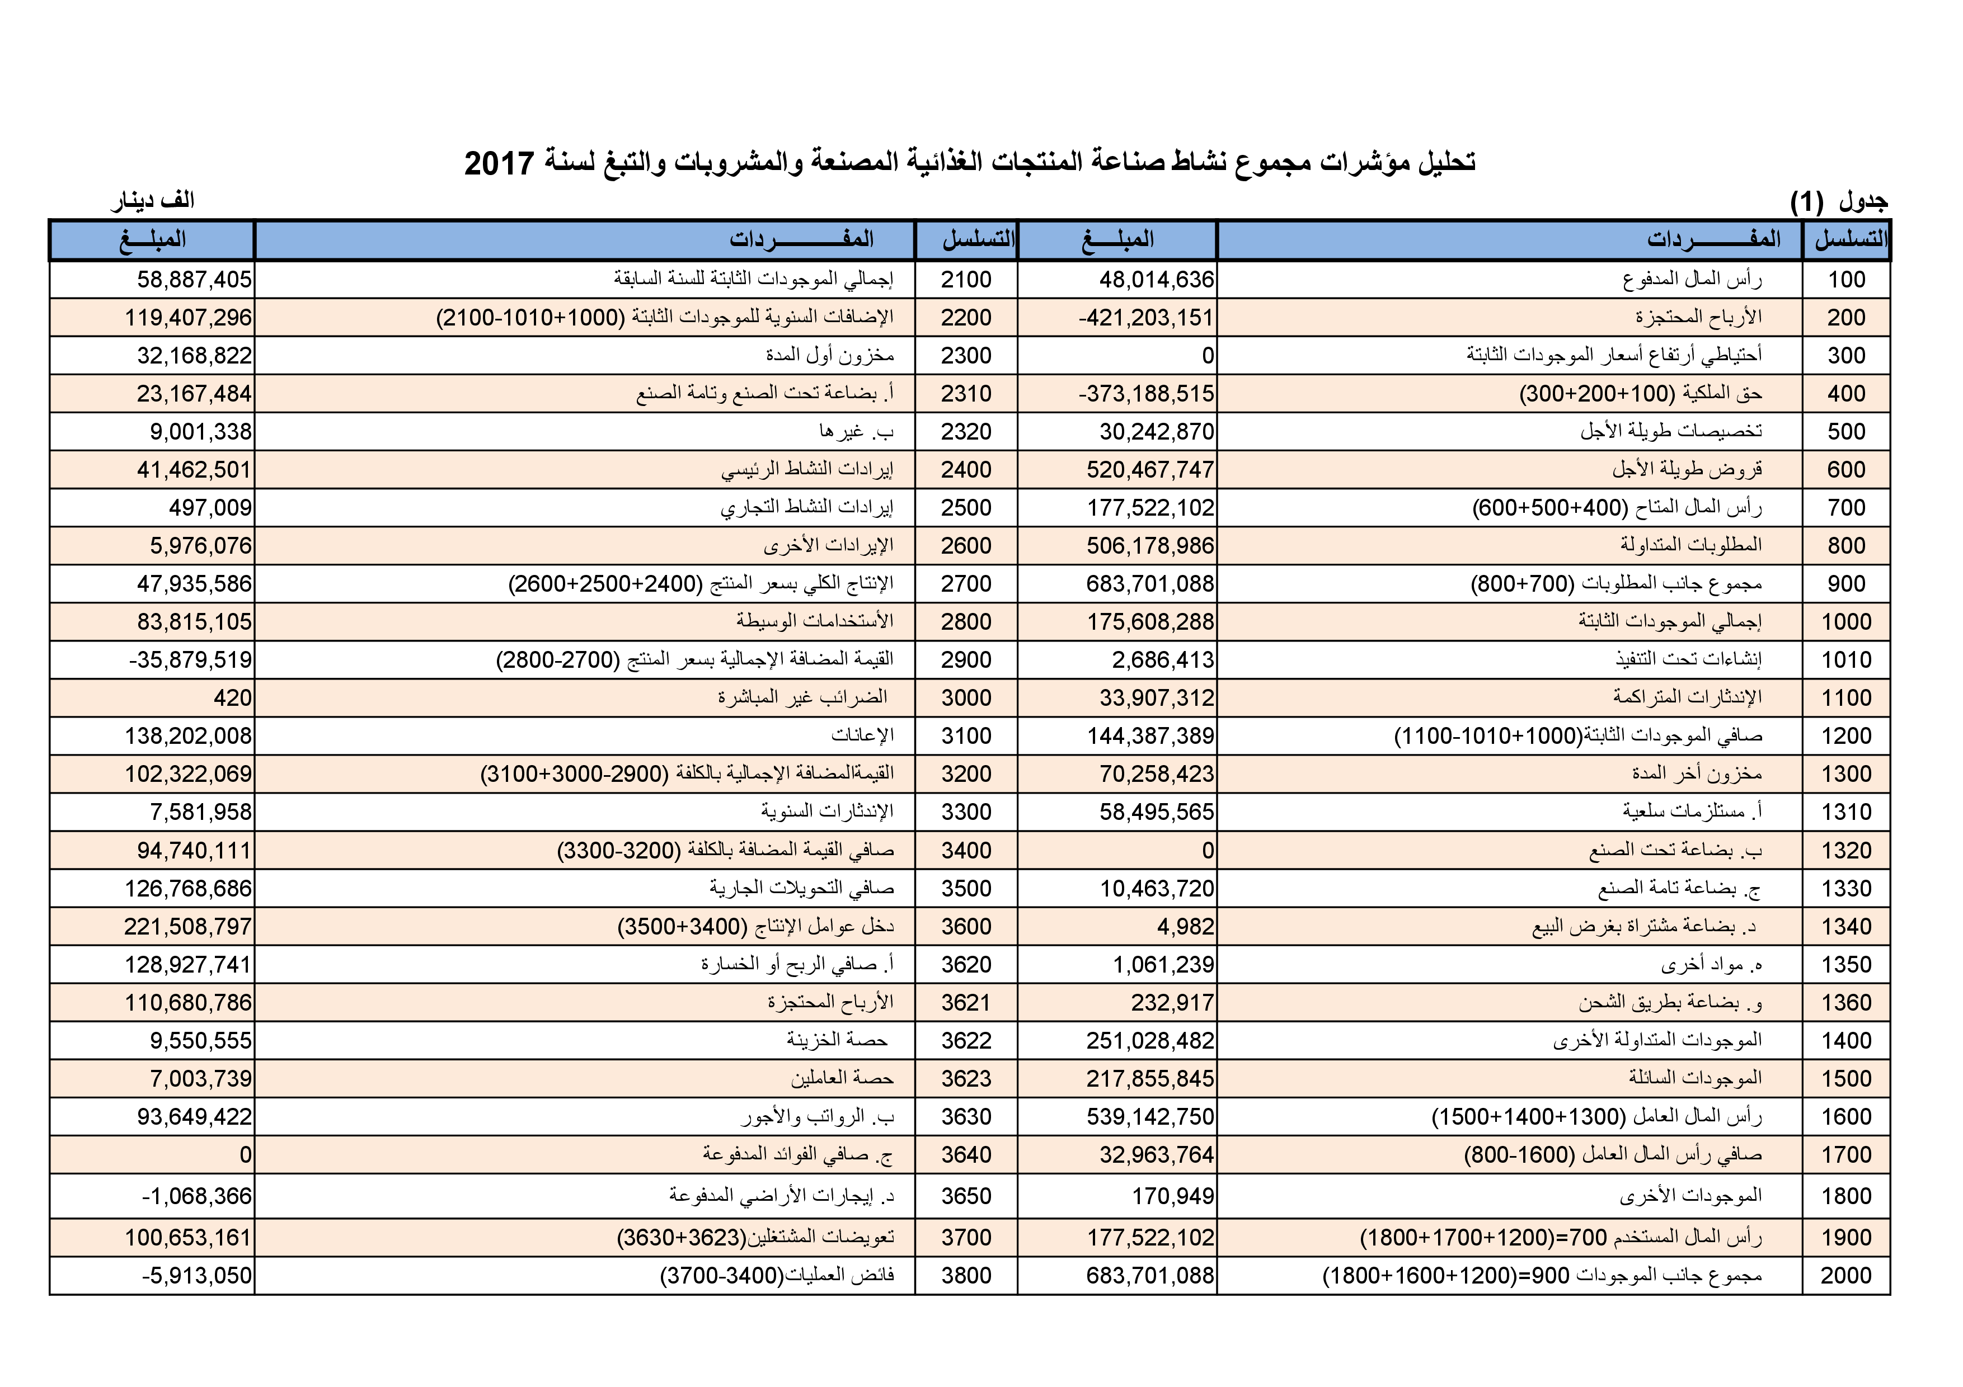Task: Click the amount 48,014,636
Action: click(x=1156, y=280)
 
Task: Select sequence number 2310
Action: click(x=966, y=394)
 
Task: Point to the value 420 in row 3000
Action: click(x=233, y=698)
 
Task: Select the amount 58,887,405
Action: click(x=194, y=280)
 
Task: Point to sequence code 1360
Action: click(x=1846, y=1002)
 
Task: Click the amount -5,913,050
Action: click(x=196, y=1276)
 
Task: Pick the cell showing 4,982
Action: click(x=1185, y=926)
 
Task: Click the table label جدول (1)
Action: click(x=1838, y=202)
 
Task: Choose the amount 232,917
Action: click(x=1172, y=1002)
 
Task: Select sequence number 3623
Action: click(x=966, y=1078)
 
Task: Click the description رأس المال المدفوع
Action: click(x=1692, y=280)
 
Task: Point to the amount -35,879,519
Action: click(x=190, y=660)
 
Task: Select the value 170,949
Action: click(x=1172, y=1196)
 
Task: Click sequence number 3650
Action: click(x=966, y=1196)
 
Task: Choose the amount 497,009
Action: click(x=210, y=508)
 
